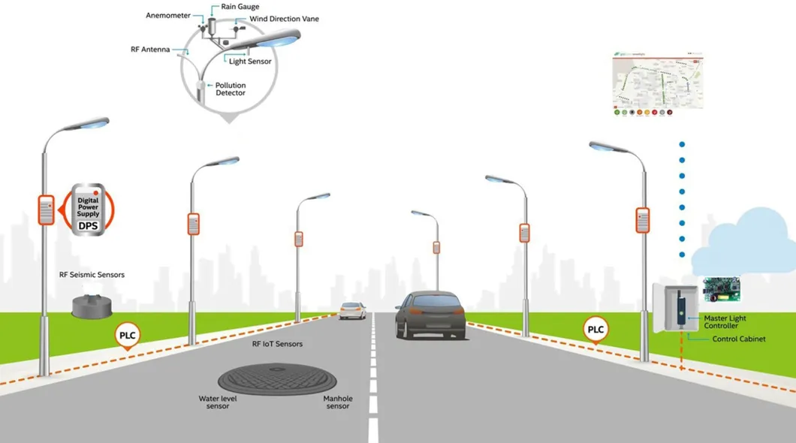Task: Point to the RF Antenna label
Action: click(150, 50)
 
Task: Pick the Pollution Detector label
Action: click(231, 89)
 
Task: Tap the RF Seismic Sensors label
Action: click(92, 275)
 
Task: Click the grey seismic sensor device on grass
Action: click(92, 304)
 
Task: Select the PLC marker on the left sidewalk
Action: click(128, 336)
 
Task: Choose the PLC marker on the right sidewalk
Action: click(595, 330)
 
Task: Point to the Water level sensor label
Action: click(218, 402)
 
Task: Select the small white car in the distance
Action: click(352, 310)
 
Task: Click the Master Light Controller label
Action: click(725, 322)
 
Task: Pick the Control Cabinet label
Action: click(739, 339)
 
